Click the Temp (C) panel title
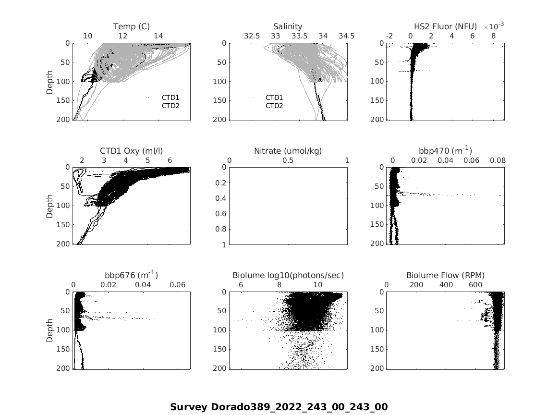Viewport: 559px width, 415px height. [x=132, y=26]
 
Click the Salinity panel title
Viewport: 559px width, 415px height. [x=288, y=26]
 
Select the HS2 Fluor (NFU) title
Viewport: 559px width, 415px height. [x=445, y=26]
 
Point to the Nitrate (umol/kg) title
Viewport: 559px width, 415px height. [x=288, y=151]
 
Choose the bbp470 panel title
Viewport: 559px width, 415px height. [x=445, y=150]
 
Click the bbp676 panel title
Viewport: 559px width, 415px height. [x=131, y=275]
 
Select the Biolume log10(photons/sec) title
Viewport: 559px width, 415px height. [x=288, y=275]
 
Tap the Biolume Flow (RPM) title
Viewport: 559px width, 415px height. [x=445, y=275]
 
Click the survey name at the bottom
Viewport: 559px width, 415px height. [x=279, y=407]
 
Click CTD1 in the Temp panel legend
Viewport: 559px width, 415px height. [x=170, y=98]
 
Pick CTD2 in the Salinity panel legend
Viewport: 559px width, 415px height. [x=274, y=106]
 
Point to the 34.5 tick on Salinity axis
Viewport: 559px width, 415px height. [x=346, y=36]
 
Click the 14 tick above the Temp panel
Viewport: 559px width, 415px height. [x=158, y=36]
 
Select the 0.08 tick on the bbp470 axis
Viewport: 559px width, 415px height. [x=498, y=160]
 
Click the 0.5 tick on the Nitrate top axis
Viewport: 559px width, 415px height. [x=288, y=160]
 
